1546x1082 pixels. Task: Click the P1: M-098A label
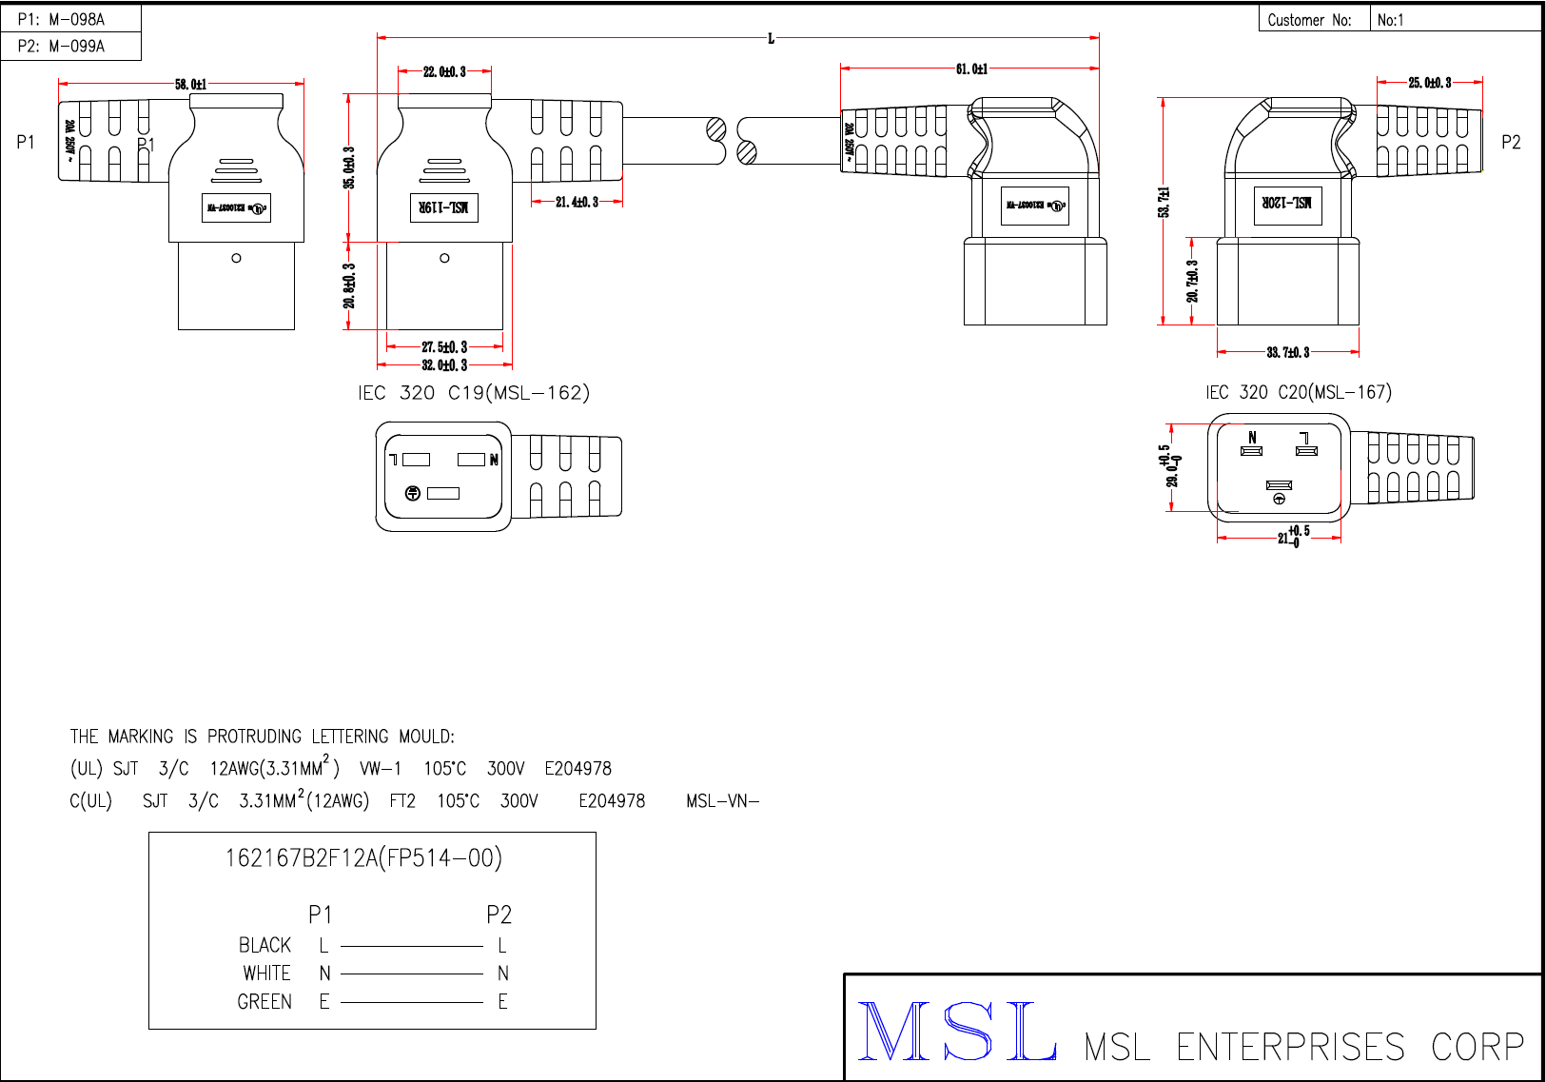[62, 19]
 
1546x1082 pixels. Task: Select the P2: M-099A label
[62, 46]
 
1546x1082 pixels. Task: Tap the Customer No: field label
[1309, 20]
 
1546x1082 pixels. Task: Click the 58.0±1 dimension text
[190, 85]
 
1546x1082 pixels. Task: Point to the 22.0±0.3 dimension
[444, 71]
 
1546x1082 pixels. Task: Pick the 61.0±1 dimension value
[971, 69]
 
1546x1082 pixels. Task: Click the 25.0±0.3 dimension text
[1430, 83]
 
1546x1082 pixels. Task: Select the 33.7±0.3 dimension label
[1287, 353]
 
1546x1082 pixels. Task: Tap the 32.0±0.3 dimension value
[444, 365]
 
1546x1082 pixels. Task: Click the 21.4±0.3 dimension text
[577, 202]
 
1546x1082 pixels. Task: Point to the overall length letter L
[771, 39]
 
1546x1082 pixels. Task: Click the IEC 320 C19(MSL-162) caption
[474, 393]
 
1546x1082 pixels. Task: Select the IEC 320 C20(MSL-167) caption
[1298, 392]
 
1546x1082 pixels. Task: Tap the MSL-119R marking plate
[444, 207]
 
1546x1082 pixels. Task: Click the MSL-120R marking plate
[1287, 204]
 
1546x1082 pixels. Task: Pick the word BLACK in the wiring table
[264, 945]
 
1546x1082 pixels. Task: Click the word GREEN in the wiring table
[264, 1002]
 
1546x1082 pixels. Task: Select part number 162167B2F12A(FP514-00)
[363, 858]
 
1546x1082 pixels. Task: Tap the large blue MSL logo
[957, 1032]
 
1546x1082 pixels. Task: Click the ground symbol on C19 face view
[413, 493]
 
